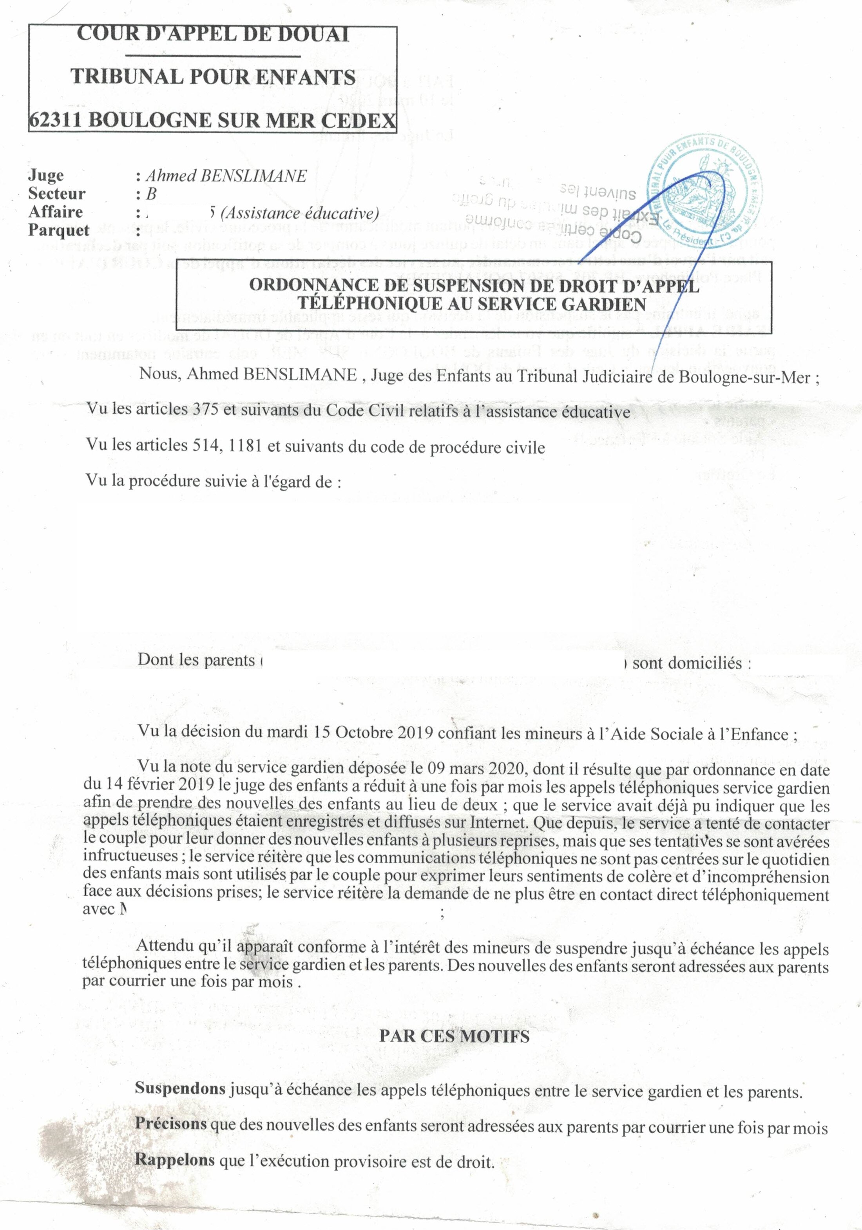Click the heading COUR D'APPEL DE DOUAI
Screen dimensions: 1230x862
click(213, 34)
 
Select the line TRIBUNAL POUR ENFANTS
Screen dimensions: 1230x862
click(213, 77)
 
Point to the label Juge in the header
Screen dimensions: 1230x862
click(46, 175)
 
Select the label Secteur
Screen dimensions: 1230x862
click(57, 194)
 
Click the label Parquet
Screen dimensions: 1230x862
click(59, 230)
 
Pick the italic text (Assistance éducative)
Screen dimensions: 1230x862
click(299, 213)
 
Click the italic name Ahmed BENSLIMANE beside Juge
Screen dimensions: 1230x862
click(226, 176)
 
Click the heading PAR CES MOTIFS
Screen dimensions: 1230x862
click(454, 1036)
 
